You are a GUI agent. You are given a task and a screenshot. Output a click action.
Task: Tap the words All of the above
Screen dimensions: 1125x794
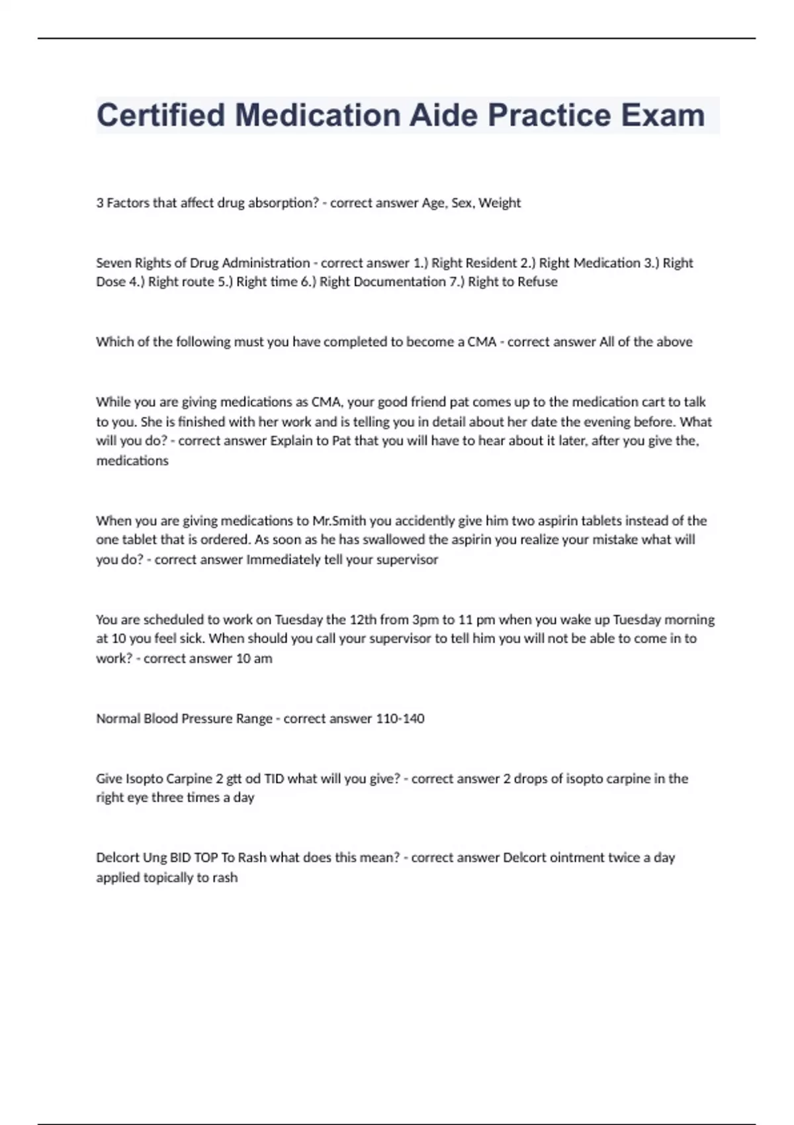(646, 342)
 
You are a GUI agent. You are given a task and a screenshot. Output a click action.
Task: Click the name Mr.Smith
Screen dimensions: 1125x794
(339, 521)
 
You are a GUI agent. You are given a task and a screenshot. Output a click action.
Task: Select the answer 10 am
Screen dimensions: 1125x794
(254, 659)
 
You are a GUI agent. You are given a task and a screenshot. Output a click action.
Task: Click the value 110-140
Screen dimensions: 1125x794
(400, 719)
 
